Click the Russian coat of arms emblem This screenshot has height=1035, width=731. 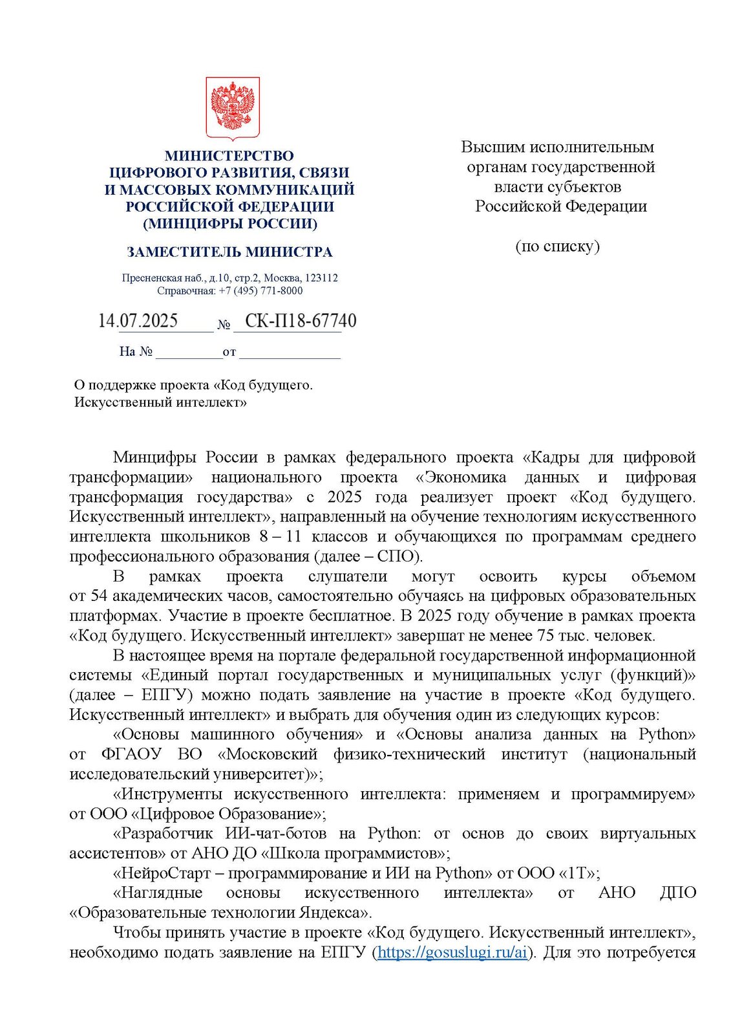(233, 108)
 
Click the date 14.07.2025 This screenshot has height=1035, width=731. (138, 321)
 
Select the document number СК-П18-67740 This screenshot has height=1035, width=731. (301, 321)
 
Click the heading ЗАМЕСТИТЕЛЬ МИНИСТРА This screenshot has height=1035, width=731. (229, 252)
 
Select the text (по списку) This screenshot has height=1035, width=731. (557, 246)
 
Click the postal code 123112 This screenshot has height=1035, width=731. (321, 278)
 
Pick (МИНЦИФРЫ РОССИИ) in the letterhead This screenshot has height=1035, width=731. (230, 224)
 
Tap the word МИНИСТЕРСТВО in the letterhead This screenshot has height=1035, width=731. (229, 156)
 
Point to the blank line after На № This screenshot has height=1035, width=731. (188, 352)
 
